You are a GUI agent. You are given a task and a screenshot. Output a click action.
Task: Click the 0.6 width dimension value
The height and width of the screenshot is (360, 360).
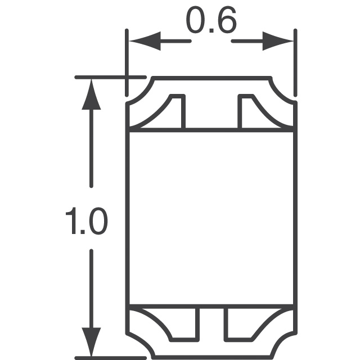point(210,24)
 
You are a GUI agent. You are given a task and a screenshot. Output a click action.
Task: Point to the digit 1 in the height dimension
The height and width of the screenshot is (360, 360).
point(72,220)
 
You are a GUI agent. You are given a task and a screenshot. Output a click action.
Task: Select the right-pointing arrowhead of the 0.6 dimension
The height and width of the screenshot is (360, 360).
point(278,42)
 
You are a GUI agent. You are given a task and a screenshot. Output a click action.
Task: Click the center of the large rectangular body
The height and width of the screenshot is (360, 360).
point(211,218)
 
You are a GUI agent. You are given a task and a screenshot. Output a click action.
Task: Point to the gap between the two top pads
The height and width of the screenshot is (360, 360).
point(211,112)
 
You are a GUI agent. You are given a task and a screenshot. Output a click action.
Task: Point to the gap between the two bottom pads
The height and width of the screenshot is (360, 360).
point(211,323)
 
